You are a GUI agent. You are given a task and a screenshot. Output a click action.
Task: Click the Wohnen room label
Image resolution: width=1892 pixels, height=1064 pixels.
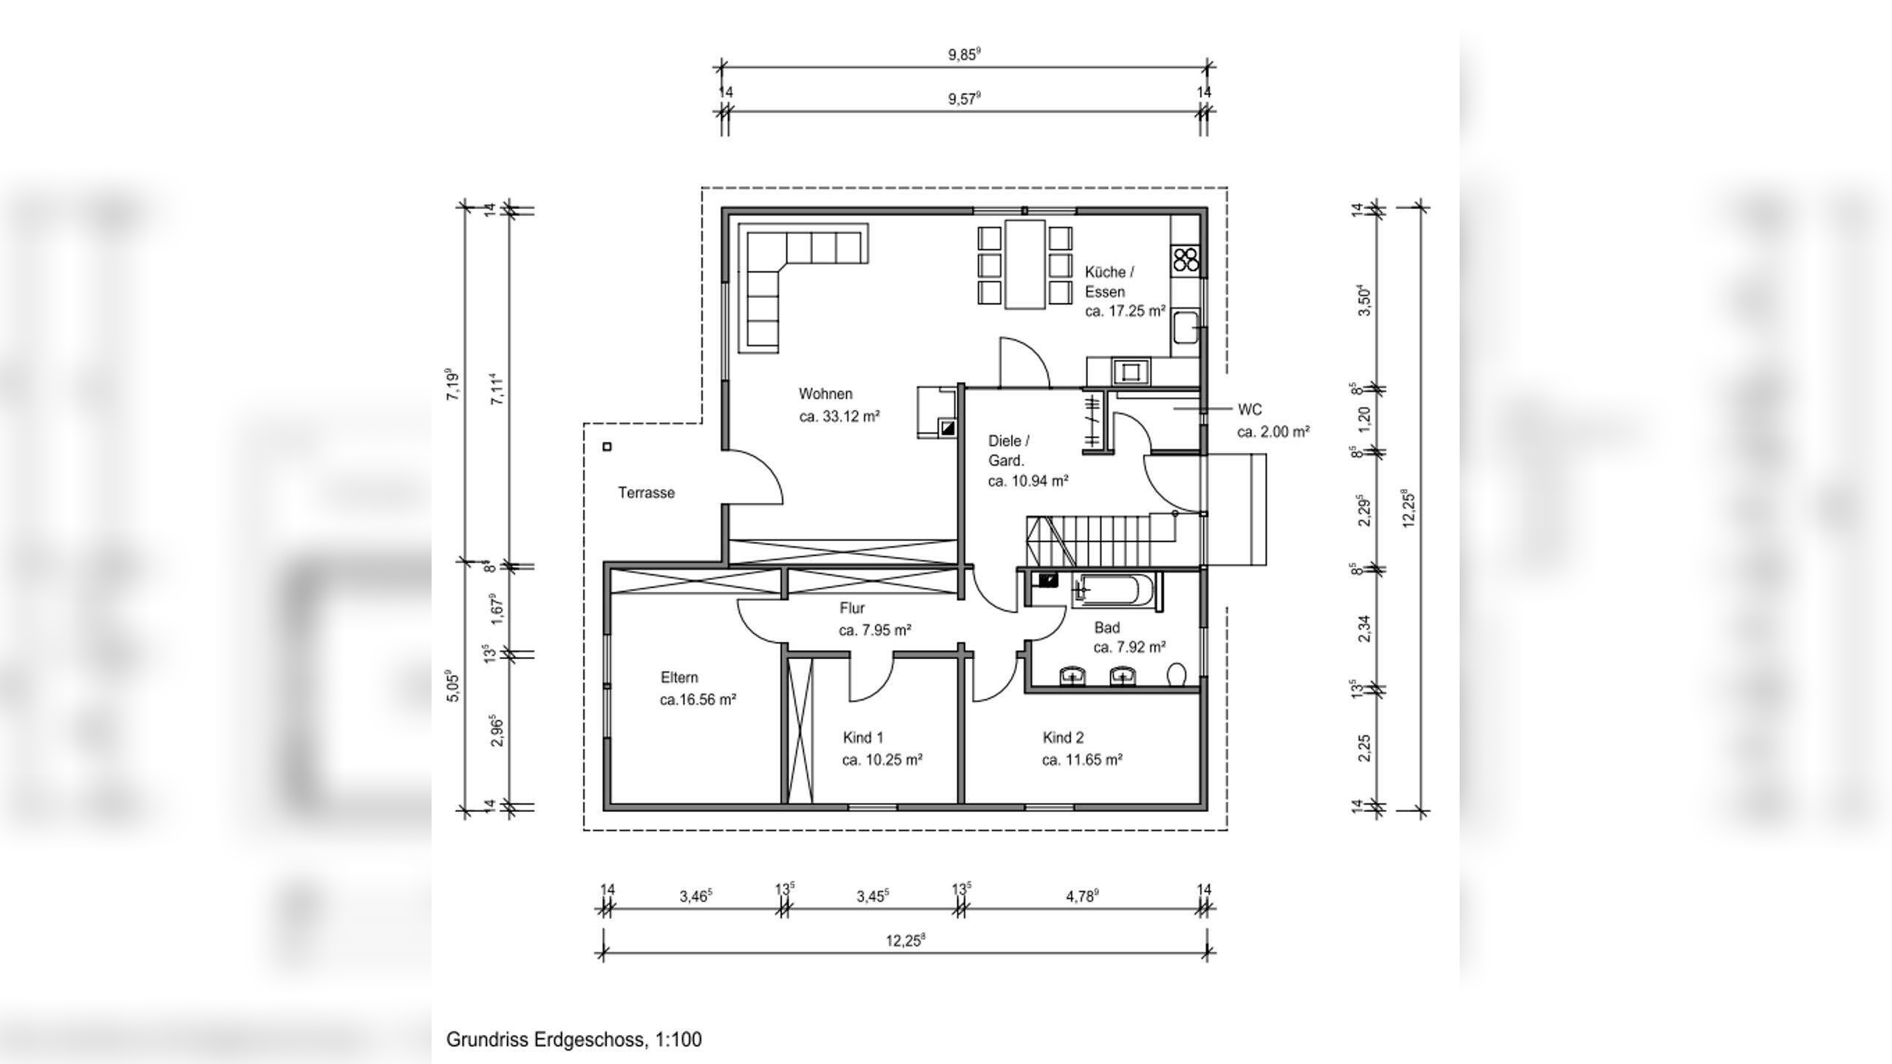[x=825, y=394]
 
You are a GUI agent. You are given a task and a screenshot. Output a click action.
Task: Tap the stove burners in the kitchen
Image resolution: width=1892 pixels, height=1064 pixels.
[x=1185, y=259]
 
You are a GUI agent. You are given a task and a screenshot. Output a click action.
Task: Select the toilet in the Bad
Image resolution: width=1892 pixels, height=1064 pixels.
[x=1177, y=674]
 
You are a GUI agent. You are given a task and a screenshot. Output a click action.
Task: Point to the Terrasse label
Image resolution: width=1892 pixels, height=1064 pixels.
[x=646, y=493]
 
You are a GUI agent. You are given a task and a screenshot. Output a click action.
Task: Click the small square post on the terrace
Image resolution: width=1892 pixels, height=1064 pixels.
[x=608, y=446]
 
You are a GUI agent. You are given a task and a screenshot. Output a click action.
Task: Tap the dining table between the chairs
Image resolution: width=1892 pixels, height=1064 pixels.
[x=1024, y=263]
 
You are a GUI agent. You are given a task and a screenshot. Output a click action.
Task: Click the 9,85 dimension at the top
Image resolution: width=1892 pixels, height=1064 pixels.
[x=964, y=55]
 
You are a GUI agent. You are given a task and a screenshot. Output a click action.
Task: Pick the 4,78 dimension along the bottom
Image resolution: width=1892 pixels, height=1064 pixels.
[x=1082, y=896]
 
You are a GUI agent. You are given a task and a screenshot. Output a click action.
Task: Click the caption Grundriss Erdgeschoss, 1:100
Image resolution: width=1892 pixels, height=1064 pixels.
[x=574, y=1040]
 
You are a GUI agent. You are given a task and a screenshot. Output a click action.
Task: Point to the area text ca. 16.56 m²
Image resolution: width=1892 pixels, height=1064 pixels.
[x=698, y=700]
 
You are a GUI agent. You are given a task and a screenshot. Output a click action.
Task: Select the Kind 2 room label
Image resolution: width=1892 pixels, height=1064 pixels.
[x=1063, y=737]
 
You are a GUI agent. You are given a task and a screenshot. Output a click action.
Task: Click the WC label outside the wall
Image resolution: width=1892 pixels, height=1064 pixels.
[x=1249, y=409]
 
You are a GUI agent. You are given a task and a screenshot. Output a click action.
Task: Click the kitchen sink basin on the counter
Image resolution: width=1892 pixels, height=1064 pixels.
[x=1185, y=327]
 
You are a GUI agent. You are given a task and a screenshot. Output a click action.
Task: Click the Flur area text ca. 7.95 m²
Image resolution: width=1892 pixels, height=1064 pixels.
[x=874, y=630]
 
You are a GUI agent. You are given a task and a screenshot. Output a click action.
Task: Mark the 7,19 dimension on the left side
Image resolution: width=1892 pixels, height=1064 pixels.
[x=452, y=384]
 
